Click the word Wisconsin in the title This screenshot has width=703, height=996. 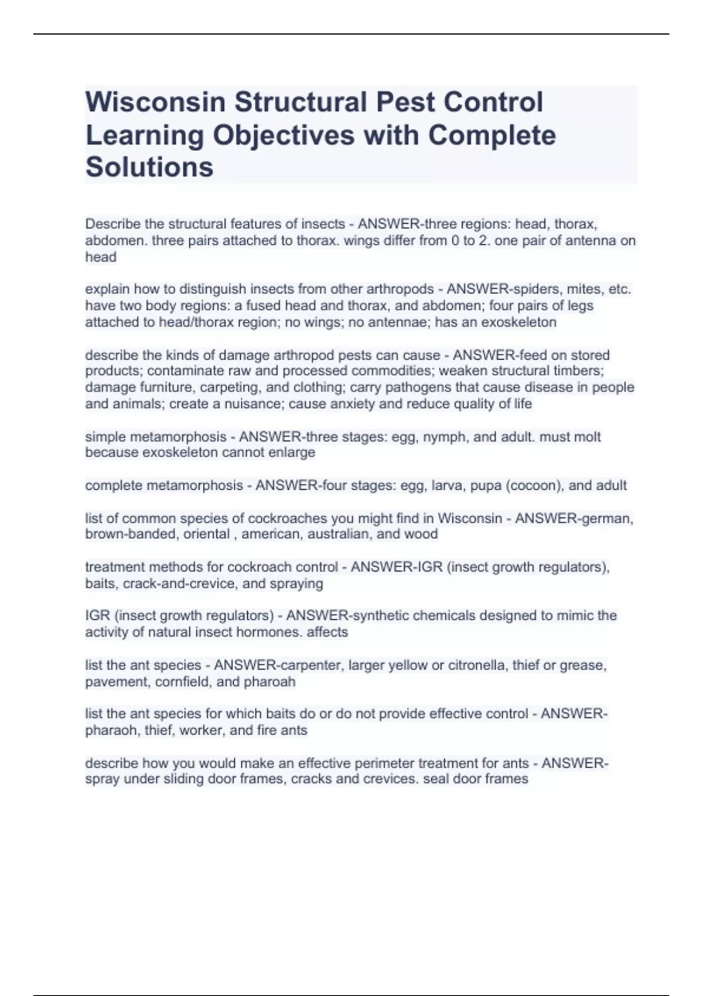(x=155, y=102)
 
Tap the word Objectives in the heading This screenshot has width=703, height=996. (x=284, y=135)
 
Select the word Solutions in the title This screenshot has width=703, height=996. (x=149, y=167)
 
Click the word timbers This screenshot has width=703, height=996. (x=578, y=371)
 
